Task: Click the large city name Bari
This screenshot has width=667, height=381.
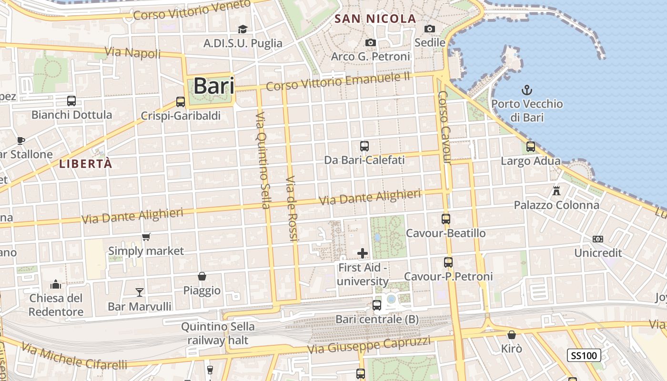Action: [x=214, y=86]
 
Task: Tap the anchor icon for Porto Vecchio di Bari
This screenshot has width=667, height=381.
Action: [x=527, y=90]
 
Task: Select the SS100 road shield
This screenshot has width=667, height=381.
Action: [x=584, y=355]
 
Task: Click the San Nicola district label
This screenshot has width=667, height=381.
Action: [x=375, y=19]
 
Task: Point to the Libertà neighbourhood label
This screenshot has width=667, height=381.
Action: [x=86, y=164]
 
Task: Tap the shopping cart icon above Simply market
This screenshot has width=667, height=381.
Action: [x=146, y=237]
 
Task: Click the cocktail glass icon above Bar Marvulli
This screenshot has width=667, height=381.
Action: [x=140, y=292]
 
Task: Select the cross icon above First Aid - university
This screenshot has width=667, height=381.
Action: [x=363, y=253]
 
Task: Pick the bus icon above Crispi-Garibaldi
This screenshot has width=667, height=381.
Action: [x=181, y=101]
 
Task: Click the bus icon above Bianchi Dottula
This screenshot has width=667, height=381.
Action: [x=71, y=101]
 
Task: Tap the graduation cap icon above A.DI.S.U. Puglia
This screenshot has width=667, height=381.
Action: [x=243, y=29]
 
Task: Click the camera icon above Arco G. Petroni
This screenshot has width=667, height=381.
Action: [x=371, y=42]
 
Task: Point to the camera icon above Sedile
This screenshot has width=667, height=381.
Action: [x=430, y=29]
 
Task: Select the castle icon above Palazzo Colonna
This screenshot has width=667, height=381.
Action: [x=556, y=191]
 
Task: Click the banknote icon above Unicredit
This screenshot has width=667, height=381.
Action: [x=598, y=239]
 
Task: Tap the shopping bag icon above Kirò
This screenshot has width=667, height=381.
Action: [x=512, y=335]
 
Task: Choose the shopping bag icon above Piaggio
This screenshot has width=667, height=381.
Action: [x=202, y=276]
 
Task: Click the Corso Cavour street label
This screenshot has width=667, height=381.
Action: [x=445, y=127]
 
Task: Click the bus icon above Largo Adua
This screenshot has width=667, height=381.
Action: [x=531, y=147]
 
